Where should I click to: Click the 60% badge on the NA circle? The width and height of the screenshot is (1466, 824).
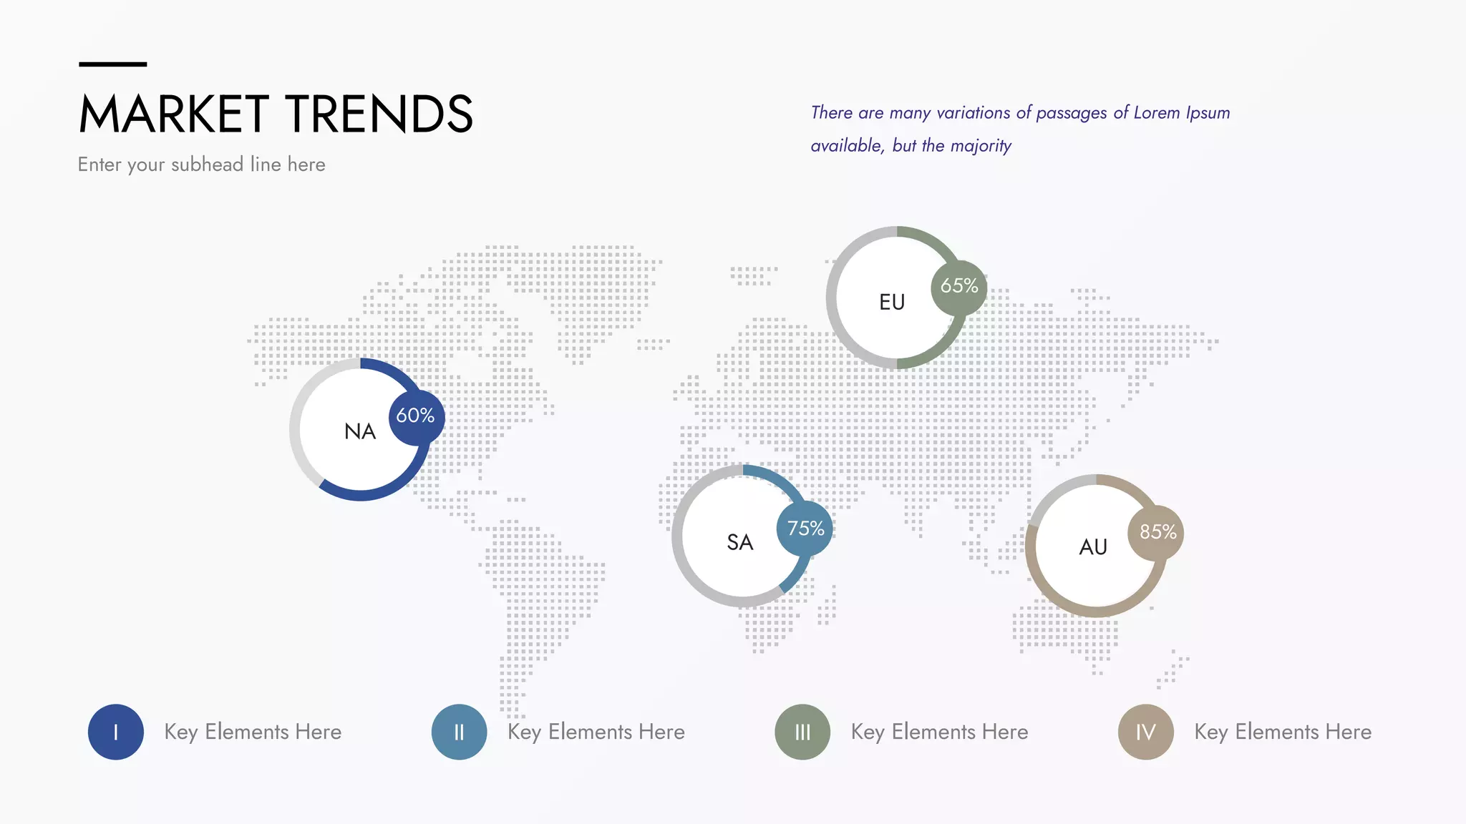point(417,417)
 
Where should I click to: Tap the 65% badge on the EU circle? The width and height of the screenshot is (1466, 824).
point(959,287)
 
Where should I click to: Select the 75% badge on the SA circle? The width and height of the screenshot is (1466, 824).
point(805,529)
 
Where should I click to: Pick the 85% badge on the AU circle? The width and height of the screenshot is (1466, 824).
point(1156,532)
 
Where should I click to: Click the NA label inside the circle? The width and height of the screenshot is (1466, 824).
point(360,431)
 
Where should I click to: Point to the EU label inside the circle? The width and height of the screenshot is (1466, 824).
point(892,302)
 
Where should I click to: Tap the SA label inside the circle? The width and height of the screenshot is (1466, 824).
point(740,542)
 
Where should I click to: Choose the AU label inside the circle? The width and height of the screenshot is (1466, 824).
point(1093,547)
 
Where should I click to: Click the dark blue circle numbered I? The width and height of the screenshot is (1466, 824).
point(116,732)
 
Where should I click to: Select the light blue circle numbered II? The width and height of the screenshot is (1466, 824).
point(460,732)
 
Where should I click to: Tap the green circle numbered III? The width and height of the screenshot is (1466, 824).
point(802,732)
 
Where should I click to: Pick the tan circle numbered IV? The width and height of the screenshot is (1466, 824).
point(1146,732)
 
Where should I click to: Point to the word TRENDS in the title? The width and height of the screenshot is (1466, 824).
point(379,114)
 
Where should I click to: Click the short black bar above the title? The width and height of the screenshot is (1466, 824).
point(113,64)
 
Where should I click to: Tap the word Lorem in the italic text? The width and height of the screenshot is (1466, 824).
point(1157,113)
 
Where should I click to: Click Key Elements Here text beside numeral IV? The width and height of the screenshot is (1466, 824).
point(1283,732)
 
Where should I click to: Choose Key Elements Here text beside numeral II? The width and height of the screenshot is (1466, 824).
point(596,732)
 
